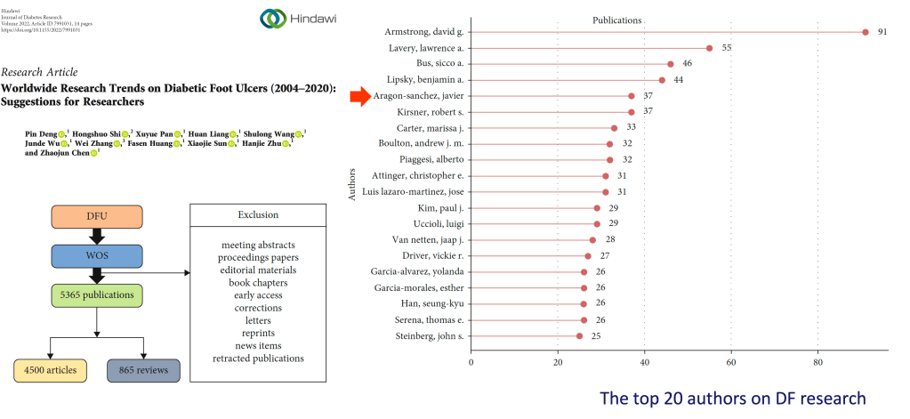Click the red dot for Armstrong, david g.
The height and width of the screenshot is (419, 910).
pos(865,32)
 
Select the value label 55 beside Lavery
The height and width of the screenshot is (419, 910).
pos(727,48)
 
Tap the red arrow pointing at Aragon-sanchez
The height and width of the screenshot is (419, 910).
pos(359,96)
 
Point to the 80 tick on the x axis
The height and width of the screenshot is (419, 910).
pos(817,362)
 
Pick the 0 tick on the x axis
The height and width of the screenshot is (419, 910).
pos(471,362)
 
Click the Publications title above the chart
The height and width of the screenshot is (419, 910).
pos(617,20)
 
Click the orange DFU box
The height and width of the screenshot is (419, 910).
pos(97,215)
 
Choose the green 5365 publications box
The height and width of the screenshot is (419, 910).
pos(97,294)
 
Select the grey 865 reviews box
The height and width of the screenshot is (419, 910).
pos(143,370)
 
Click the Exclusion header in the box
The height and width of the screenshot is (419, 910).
pos(258,215)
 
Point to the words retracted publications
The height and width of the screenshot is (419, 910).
pos(258,359)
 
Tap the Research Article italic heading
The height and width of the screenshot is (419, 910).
pos(40,72)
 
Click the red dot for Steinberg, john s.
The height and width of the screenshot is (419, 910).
pos(579,336)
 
